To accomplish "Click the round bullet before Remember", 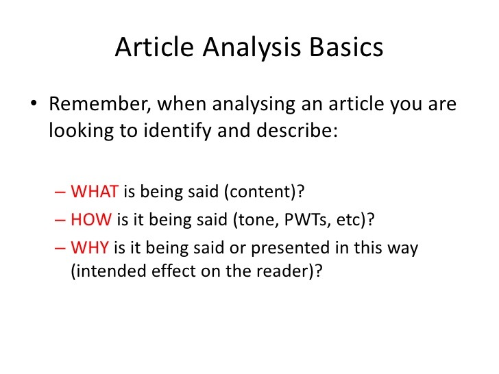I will (34, 107).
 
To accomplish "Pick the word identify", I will (170, 130).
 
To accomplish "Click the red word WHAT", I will (95, 192).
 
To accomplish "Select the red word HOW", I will (93, 220).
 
